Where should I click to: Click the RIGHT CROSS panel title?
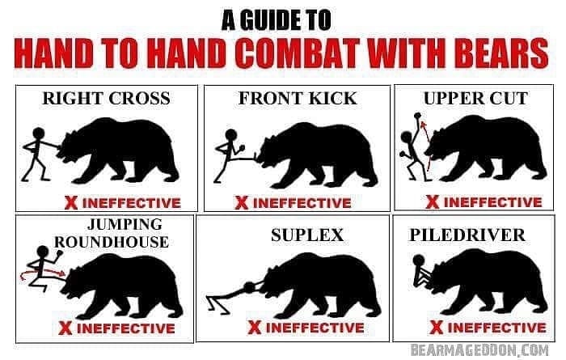(x=106, y=98)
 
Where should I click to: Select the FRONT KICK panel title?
(x=298, y=98)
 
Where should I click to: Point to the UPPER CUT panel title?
(x=475, y=98)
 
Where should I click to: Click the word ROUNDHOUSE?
(x=112, y=242)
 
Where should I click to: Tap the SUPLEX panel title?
(x=307, y=235)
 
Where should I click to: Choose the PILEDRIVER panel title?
(x=467, y=235)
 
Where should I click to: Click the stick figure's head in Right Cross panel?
(x=38, y=133)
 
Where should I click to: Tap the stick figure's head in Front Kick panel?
(x=231, y=135)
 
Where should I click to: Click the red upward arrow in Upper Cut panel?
(x=426, y=146)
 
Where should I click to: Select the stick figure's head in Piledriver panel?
(x=419, y=260)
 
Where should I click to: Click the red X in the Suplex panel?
(x=255, y=327)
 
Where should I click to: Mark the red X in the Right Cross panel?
(x=71, y=202)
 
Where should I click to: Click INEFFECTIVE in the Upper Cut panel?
(x=493, y=202)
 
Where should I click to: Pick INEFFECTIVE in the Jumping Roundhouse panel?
(x=126, y=328)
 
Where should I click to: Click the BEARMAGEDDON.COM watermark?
(x=479, y=350)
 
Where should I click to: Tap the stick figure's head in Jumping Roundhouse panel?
(x=43, y=252)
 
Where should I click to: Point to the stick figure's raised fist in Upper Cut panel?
(x=418, y=116)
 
